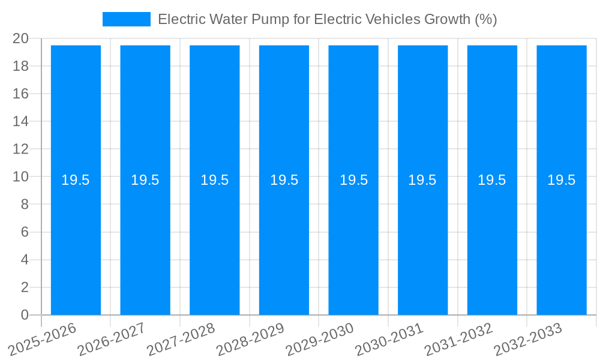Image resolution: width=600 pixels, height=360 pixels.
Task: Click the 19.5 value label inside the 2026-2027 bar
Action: (145, 180)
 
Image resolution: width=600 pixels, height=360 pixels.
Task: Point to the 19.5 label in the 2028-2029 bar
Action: (284, 180)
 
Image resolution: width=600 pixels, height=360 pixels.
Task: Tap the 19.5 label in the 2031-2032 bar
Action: (492, 180)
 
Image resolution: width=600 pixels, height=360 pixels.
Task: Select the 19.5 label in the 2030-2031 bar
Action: (422, 180)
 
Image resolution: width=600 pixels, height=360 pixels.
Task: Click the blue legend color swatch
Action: (127, 19)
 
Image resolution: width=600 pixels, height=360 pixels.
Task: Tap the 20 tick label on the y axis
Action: (20, 38)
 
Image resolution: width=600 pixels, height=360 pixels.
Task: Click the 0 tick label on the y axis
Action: (25, 315)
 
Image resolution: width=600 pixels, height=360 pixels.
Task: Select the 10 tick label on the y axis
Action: (20, 177)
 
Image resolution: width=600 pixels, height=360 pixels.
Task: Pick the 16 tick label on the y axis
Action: (20, 94)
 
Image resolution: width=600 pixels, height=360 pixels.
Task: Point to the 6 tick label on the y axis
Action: (25, 232)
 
